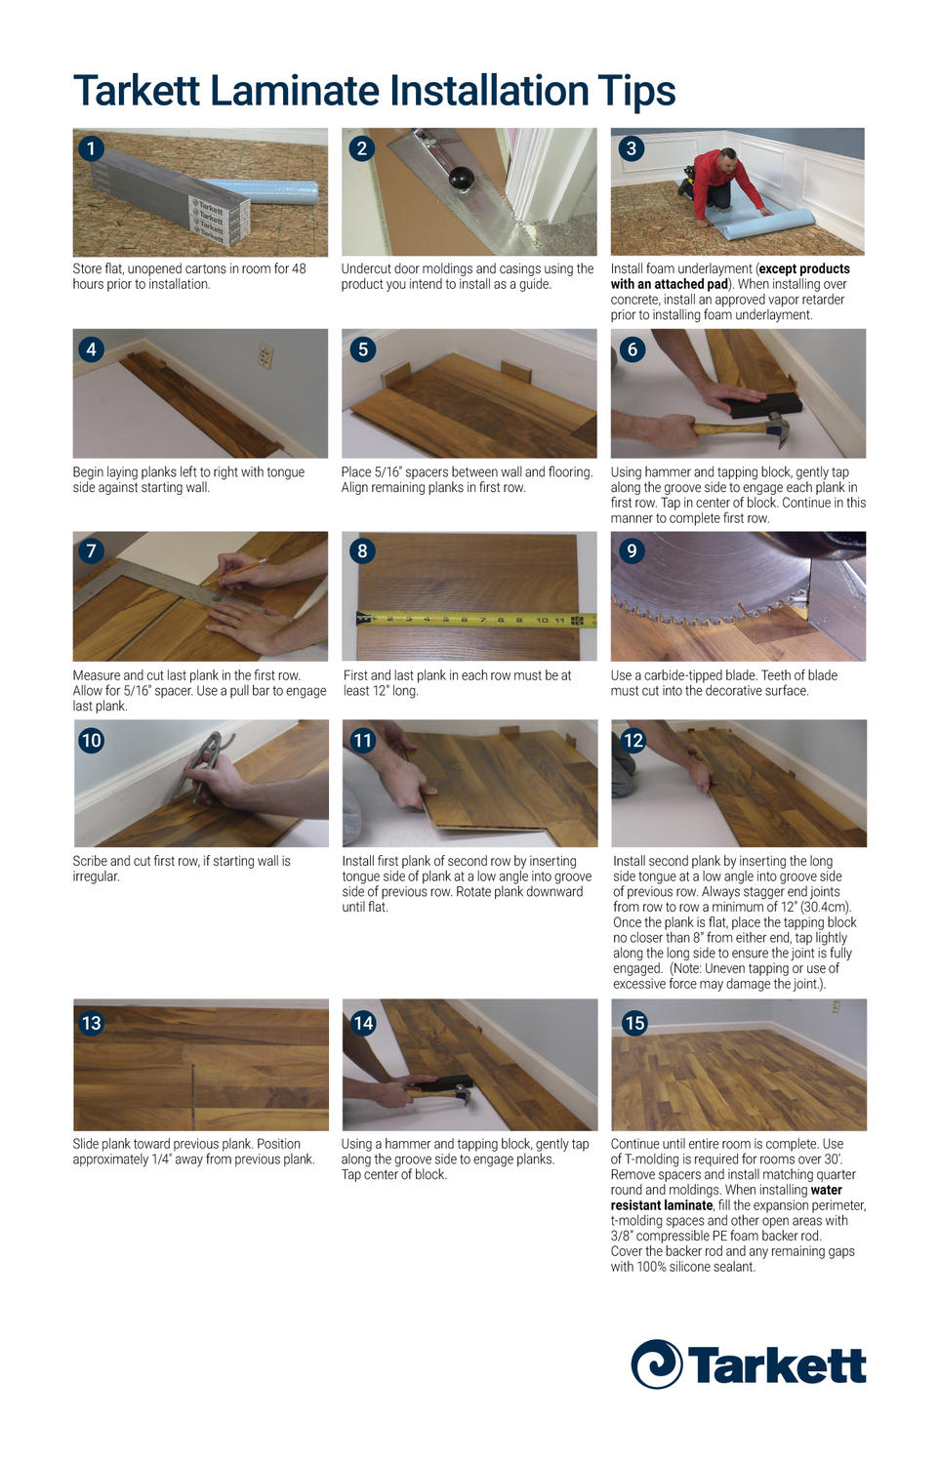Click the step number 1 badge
[91, 148]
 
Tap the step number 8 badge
[362, 550]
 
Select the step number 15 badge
[634, 1023]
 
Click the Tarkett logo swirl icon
[656, 1363]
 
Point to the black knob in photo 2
[461, 179]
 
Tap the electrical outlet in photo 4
[265, 356]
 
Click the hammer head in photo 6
[776, 429]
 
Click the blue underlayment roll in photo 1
[264, 190]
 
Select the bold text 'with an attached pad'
[670, 284]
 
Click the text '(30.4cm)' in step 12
[826, 907]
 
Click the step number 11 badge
[362, 740]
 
